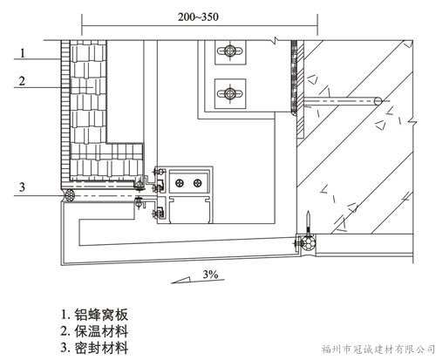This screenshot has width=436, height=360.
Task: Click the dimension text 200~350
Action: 198,17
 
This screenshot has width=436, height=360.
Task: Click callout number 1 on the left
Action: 23,53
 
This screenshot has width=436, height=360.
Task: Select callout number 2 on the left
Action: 22,81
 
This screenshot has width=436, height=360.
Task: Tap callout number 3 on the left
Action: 22,187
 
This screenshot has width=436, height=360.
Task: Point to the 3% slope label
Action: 210,274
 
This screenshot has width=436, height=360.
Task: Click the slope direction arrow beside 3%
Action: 198,281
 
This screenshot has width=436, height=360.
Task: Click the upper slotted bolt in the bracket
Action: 230,51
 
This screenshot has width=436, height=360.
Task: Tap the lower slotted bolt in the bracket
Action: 230,93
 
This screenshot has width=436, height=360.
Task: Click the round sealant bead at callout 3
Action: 71,194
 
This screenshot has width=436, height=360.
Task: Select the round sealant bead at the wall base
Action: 308,243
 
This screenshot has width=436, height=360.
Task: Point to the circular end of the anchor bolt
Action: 378,101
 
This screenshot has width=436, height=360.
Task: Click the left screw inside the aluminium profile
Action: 180,183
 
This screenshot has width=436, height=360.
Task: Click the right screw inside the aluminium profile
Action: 198,183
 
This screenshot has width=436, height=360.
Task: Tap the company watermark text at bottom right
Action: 378,349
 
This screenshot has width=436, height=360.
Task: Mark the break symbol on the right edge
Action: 412,120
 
